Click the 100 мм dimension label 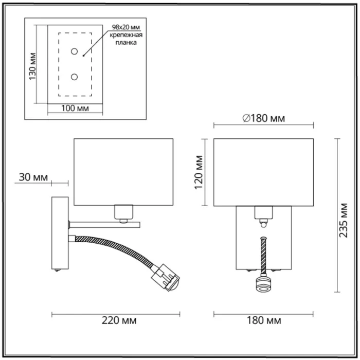coord(75,109)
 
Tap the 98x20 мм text coord(125,27)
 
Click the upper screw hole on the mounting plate coord(75,52)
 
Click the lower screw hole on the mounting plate coord(75,77)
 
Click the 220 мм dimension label coord(119,320)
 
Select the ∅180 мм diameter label coord(263,119)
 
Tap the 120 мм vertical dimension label coord(201,173)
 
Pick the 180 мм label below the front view coord(264,320)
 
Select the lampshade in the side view coord(124,171)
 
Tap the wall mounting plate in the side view coord(60,233)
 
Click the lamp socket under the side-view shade coord(123,211)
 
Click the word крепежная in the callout coord(126,35)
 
